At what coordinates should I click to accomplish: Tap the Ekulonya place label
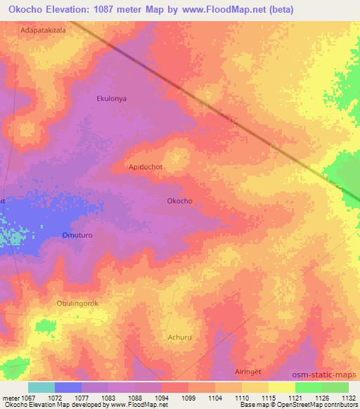(111, 99)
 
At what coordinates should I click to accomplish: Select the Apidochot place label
(146, 167)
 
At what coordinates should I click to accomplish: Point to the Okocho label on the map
(179, 201)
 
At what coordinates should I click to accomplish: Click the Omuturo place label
(77, 235)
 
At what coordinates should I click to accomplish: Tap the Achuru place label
(179, 337)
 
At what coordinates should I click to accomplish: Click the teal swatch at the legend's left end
(41, 387)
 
